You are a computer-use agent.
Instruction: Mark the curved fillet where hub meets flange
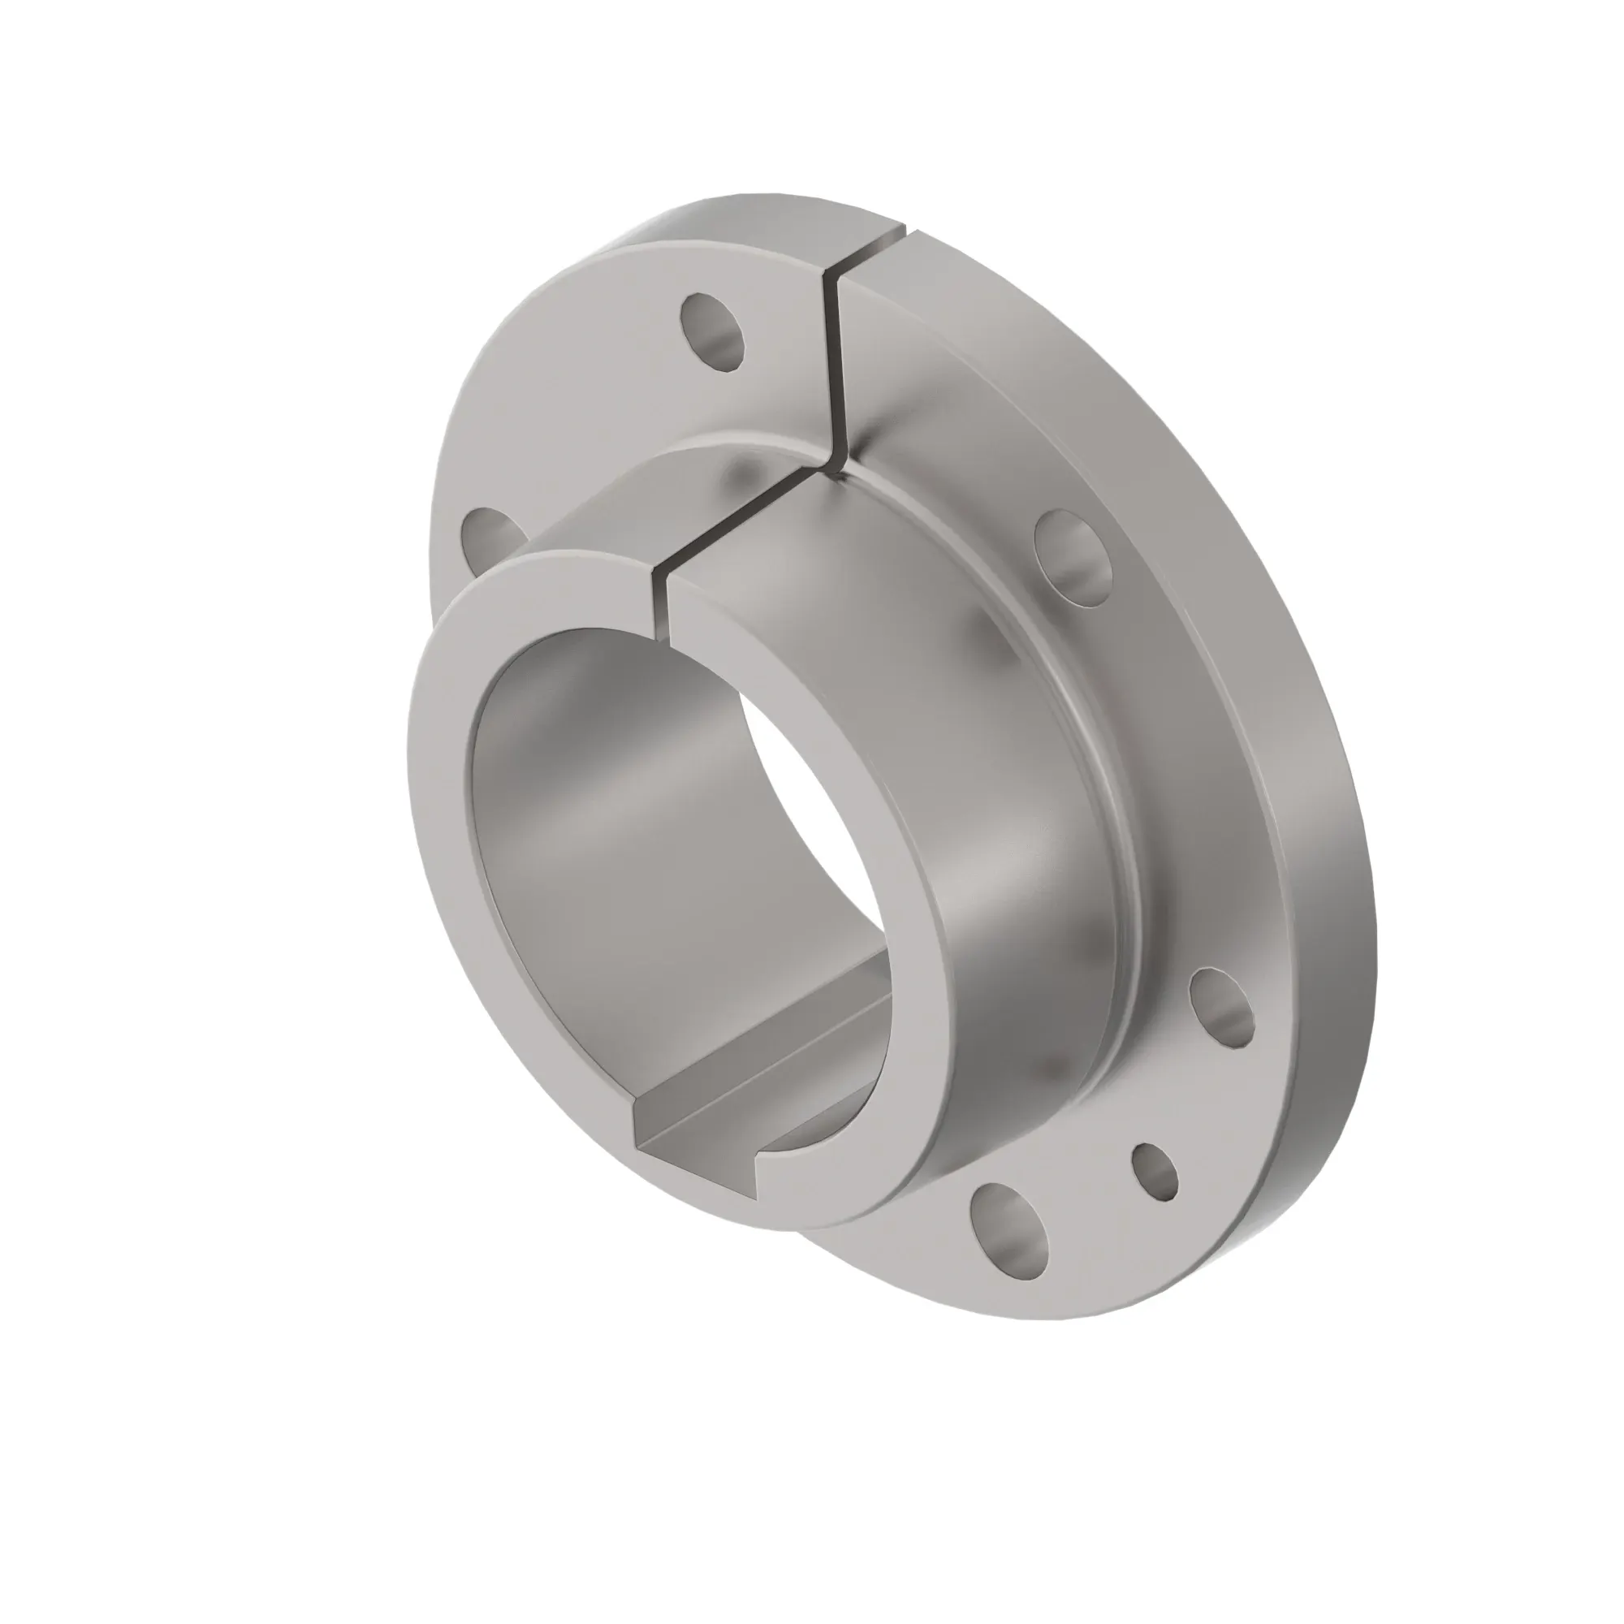pos(1118,798)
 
